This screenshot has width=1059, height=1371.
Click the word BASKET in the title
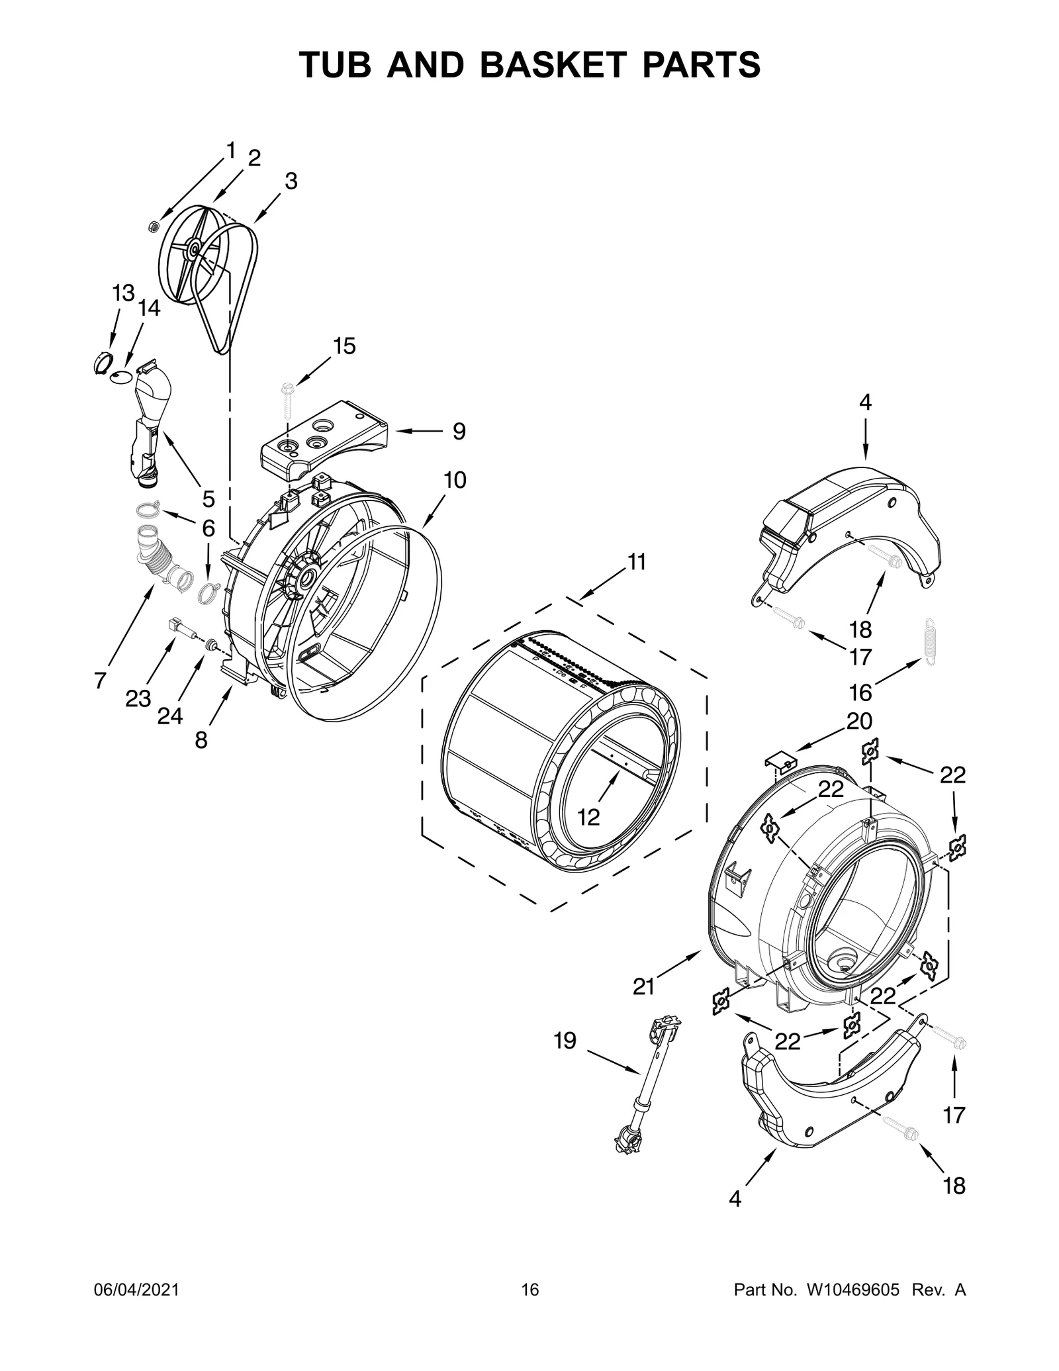(x=551, y=65)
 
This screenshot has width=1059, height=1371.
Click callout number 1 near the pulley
(x=230, y=151)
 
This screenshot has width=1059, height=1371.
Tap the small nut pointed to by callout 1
(x=152, y=227)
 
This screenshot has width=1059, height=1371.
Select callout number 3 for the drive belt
(x=291, y=181)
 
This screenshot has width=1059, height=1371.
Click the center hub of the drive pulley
(x=193, y=249)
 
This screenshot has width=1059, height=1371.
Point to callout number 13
(x=123, y=292)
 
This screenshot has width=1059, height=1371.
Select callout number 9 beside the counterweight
(x=459, y=432)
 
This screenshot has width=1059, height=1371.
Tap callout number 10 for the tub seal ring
(x=455, y=480)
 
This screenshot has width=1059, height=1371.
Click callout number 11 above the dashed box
(x=636, y=562)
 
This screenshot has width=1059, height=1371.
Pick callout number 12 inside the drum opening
(x=588, y=818)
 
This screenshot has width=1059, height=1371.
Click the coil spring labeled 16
(x=933, y=638)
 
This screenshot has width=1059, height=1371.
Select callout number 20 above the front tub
(x=859, y=720)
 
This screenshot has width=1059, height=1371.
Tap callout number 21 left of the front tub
(x=643, y=1005)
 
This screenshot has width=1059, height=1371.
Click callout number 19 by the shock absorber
(x=565, y=1041)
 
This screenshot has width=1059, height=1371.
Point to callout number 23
(x=138, y=698)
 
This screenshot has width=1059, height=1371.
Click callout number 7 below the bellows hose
(x=100, y=680)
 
